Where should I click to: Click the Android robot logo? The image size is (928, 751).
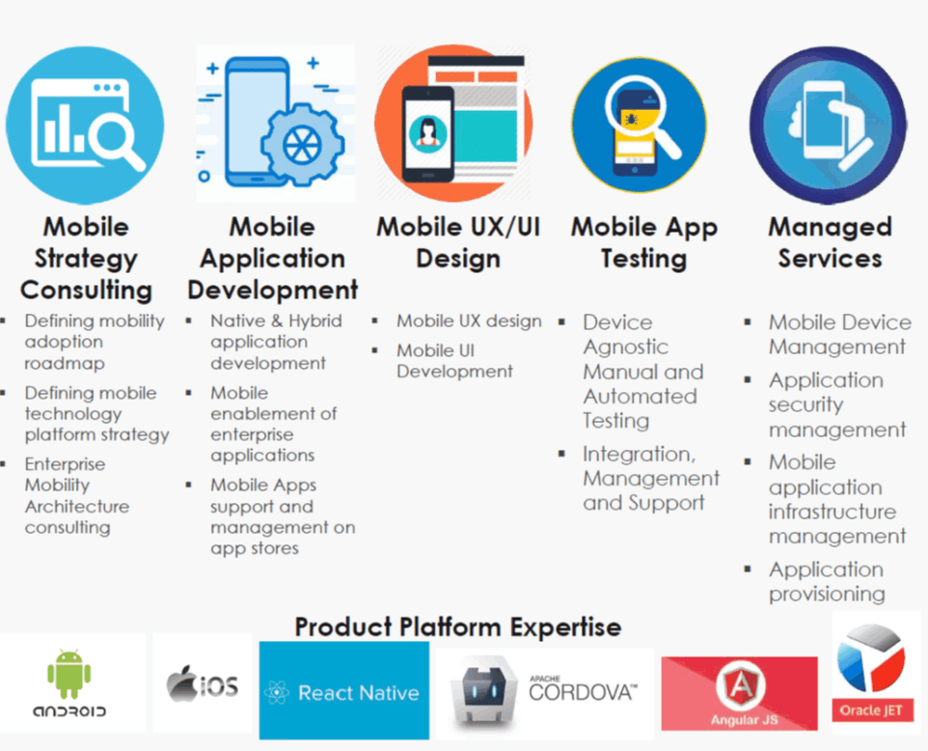click(x=69, y=674)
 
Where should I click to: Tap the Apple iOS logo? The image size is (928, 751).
click(x=203, y=684)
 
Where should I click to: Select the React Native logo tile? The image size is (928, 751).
click(x=343, y=690)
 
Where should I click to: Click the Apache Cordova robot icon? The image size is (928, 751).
click(x=483, y=691)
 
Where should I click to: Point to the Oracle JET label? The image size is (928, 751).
click(x=870, y=710)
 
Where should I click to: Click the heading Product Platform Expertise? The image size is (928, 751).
click(x=458, y=626)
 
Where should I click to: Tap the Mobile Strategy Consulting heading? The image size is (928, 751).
click(x=87, y=259)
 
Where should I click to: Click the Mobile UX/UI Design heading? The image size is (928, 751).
click(x=458, y=242)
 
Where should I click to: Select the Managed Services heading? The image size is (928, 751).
click(x=830, y=242)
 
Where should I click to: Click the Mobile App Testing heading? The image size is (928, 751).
click(x=644, y=242)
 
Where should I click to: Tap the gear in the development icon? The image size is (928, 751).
click(x=303, y=145)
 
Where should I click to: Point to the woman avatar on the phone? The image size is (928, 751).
click(x=427, y=132)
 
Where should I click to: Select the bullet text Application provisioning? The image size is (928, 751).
click(x=826, y=581)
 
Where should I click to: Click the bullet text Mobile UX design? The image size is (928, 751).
click(x=469, y=321)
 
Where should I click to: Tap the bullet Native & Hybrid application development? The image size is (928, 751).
click(x=276, y=342)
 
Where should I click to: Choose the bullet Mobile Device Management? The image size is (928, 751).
click(x=840, y=334)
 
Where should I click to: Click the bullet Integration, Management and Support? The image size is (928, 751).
click(x=651, y=478)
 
